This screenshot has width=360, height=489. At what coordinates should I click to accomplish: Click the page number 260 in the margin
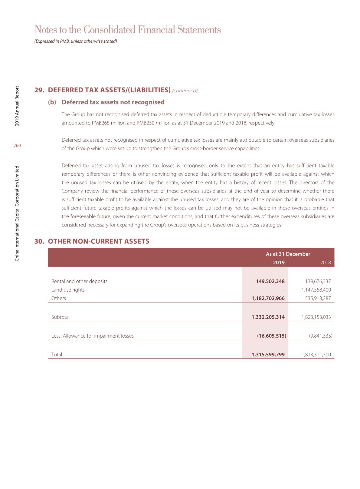coord(17,146)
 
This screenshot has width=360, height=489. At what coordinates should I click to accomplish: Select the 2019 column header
coord(279,263)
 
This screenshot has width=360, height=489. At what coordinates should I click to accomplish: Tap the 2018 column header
coord(326,263)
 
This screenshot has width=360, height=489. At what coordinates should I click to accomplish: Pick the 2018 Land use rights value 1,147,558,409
coord(316,290)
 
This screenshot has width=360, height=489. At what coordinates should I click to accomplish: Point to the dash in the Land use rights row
coord(283,290)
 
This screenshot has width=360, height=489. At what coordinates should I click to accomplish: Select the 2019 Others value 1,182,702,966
coord(268,298)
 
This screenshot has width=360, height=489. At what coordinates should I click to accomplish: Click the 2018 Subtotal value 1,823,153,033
coord(316,317)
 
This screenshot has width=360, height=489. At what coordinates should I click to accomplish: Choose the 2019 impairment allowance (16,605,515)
coord(271,336)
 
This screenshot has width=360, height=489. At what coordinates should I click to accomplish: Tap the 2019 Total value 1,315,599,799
coord(268,355)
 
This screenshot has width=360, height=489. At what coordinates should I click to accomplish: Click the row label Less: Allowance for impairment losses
coord(93,336)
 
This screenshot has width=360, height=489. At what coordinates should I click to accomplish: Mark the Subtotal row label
coord(61,317)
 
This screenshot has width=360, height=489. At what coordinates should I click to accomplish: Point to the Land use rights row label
coord(68,290)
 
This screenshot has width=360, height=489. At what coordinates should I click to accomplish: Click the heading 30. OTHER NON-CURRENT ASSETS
coord(92,241)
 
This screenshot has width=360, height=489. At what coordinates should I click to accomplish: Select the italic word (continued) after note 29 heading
coord(185,91)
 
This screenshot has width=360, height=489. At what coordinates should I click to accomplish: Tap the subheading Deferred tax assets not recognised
coord(113,102)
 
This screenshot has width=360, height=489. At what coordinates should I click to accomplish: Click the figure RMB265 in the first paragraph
coord(100,123)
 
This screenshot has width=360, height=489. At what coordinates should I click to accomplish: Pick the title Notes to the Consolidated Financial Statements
coord(128,30)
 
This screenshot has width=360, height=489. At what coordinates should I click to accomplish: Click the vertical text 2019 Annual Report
coord(17,106)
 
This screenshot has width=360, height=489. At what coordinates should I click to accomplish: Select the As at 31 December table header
coord(288,254)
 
